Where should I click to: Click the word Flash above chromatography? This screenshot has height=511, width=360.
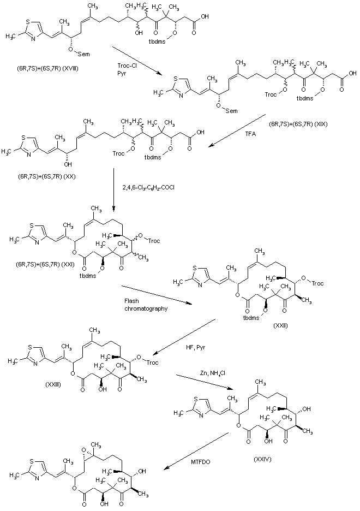[x=131, y=300]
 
